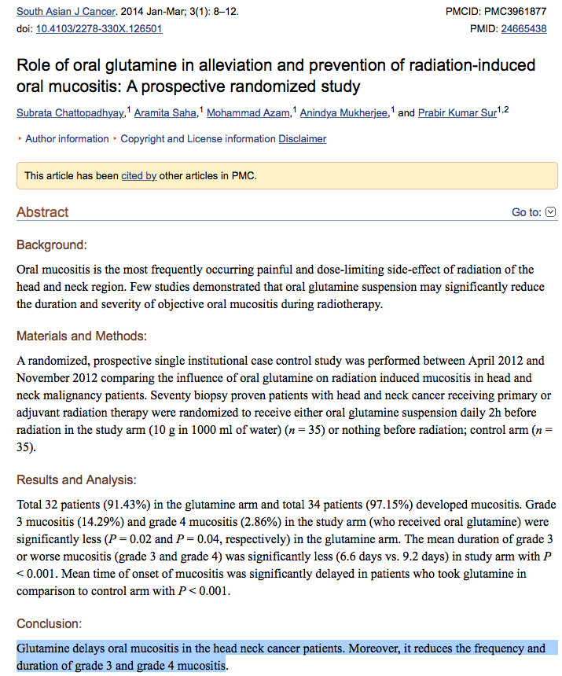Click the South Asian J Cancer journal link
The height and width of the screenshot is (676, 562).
(65, 12)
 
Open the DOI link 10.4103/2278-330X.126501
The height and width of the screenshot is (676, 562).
(99, 28)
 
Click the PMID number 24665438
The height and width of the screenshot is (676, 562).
(523, 28)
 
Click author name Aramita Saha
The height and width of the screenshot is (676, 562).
(165, 113)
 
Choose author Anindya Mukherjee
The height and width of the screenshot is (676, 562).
(344, 113)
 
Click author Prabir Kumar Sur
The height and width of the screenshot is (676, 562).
(457, 113)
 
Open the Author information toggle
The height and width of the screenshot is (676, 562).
(67, 139)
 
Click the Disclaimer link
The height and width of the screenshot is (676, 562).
(302, 139)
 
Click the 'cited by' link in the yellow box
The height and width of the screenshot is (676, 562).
(138, 175)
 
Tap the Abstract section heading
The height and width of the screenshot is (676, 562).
(42, 212)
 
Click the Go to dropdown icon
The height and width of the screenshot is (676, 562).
(551, 212)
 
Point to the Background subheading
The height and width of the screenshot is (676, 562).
(52, 245)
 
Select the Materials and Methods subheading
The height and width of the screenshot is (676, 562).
(82, 336)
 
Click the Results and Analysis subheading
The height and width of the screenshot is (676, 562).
(76, 479)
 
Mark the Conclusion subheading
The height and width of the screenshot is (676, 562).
(49, 624)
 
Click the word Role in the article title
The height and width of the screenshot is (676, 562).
(32, 64)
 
